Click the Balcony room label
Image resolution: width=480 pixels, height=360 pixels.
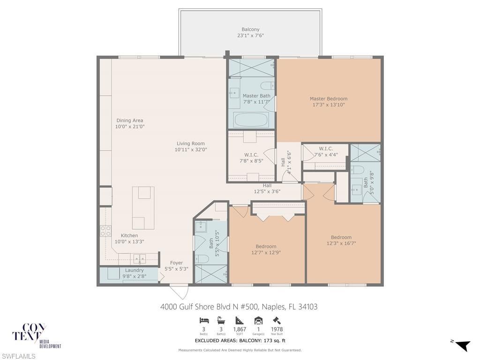click(x=250, y=30)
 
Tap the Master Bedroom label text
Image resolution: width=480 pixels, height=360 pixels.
click(x=329, y=99)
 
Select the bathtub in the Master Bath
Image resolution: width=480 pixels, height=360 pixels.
click(x=251, y=120)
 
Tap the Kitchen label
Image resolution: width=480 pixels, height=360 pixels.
click(x=129, y=236)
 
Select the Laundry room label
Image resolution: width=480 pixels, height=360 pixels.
click(x=135, y=270)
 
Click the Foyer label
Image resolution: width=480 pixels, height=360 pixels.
click(x=176, y=263)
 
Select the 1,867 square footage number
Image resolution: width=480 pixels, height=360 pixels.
click(x=240, y=330)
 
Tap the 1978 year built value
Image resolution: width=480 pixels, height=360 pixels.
click(x=277, y=330)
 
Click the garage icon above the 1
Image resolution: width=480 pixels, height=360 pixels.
click(x=258, y=321)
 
